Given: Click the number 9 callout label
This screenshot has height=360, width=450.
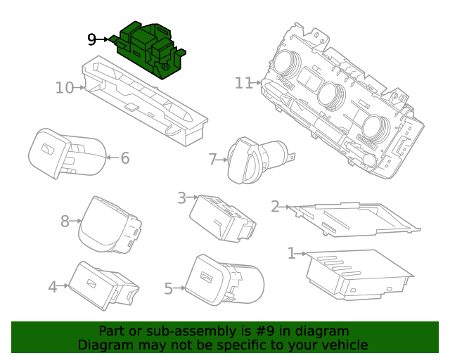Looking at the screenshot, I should [92, 39].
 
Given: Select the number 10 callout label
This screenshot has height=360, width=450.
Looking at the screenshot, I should [65, 88].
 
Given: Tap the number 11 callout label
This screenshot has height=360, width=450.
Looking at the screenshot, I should [243, 83].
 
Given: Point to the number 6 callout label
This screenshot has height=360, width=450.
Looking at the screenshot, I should [124, 158].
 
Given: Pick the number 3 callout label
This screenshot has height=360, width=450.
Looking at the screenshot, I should [181, 198].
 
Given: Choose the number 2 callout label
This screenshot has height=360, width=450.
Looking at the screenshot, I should [275, 206].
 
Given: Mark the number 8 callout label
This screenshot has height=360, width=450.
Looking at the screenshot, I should [65, 221].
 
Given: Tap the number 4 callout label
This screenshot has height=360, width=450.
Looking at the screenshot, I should [52, 286].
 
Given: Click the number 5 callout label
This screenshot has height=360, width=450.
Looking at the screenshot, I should [168, 288].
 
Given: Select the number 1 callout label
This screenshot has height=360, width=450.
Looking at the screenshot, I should [291, 252].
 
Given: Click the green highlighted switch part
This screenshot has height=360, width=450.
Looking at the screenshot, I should [148, 49].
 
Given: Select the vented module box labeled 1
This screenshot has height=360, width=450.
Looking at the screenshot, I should [355, 275].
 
